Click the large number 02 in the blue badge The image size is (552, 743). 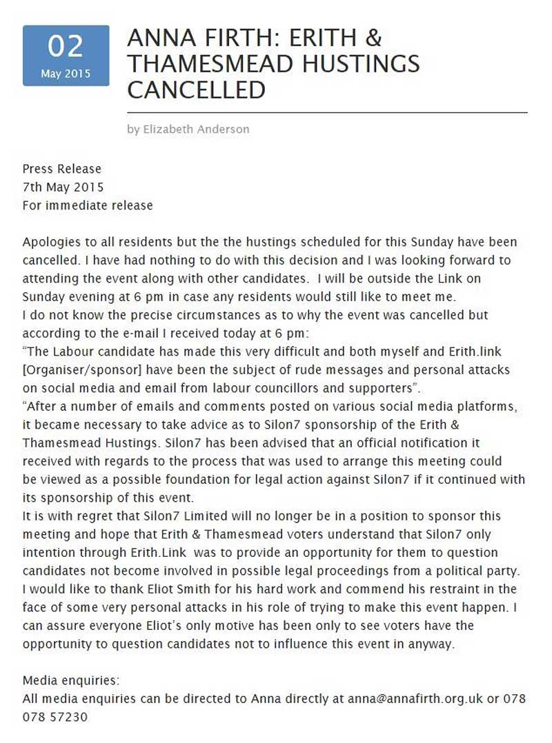(x=66, y=47)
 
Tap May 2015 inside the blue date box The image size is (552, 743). (x=66, y=74)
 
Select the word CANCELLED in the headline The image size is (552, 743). (x=196, y=90)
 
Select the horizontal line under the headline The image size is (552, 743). (x=327, y=112)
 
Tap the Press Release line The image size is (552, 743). (x=61, y=169)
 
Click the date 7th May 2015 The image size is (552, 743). (x=63, y=187)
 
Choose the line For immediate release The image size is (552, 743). (x=88, y=205)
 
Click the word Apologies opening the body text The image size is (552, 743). (x=50, y=243)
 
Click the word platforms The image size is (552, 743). (x=489, y=407)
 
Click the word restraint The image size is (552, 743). (x=430, y=570)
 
